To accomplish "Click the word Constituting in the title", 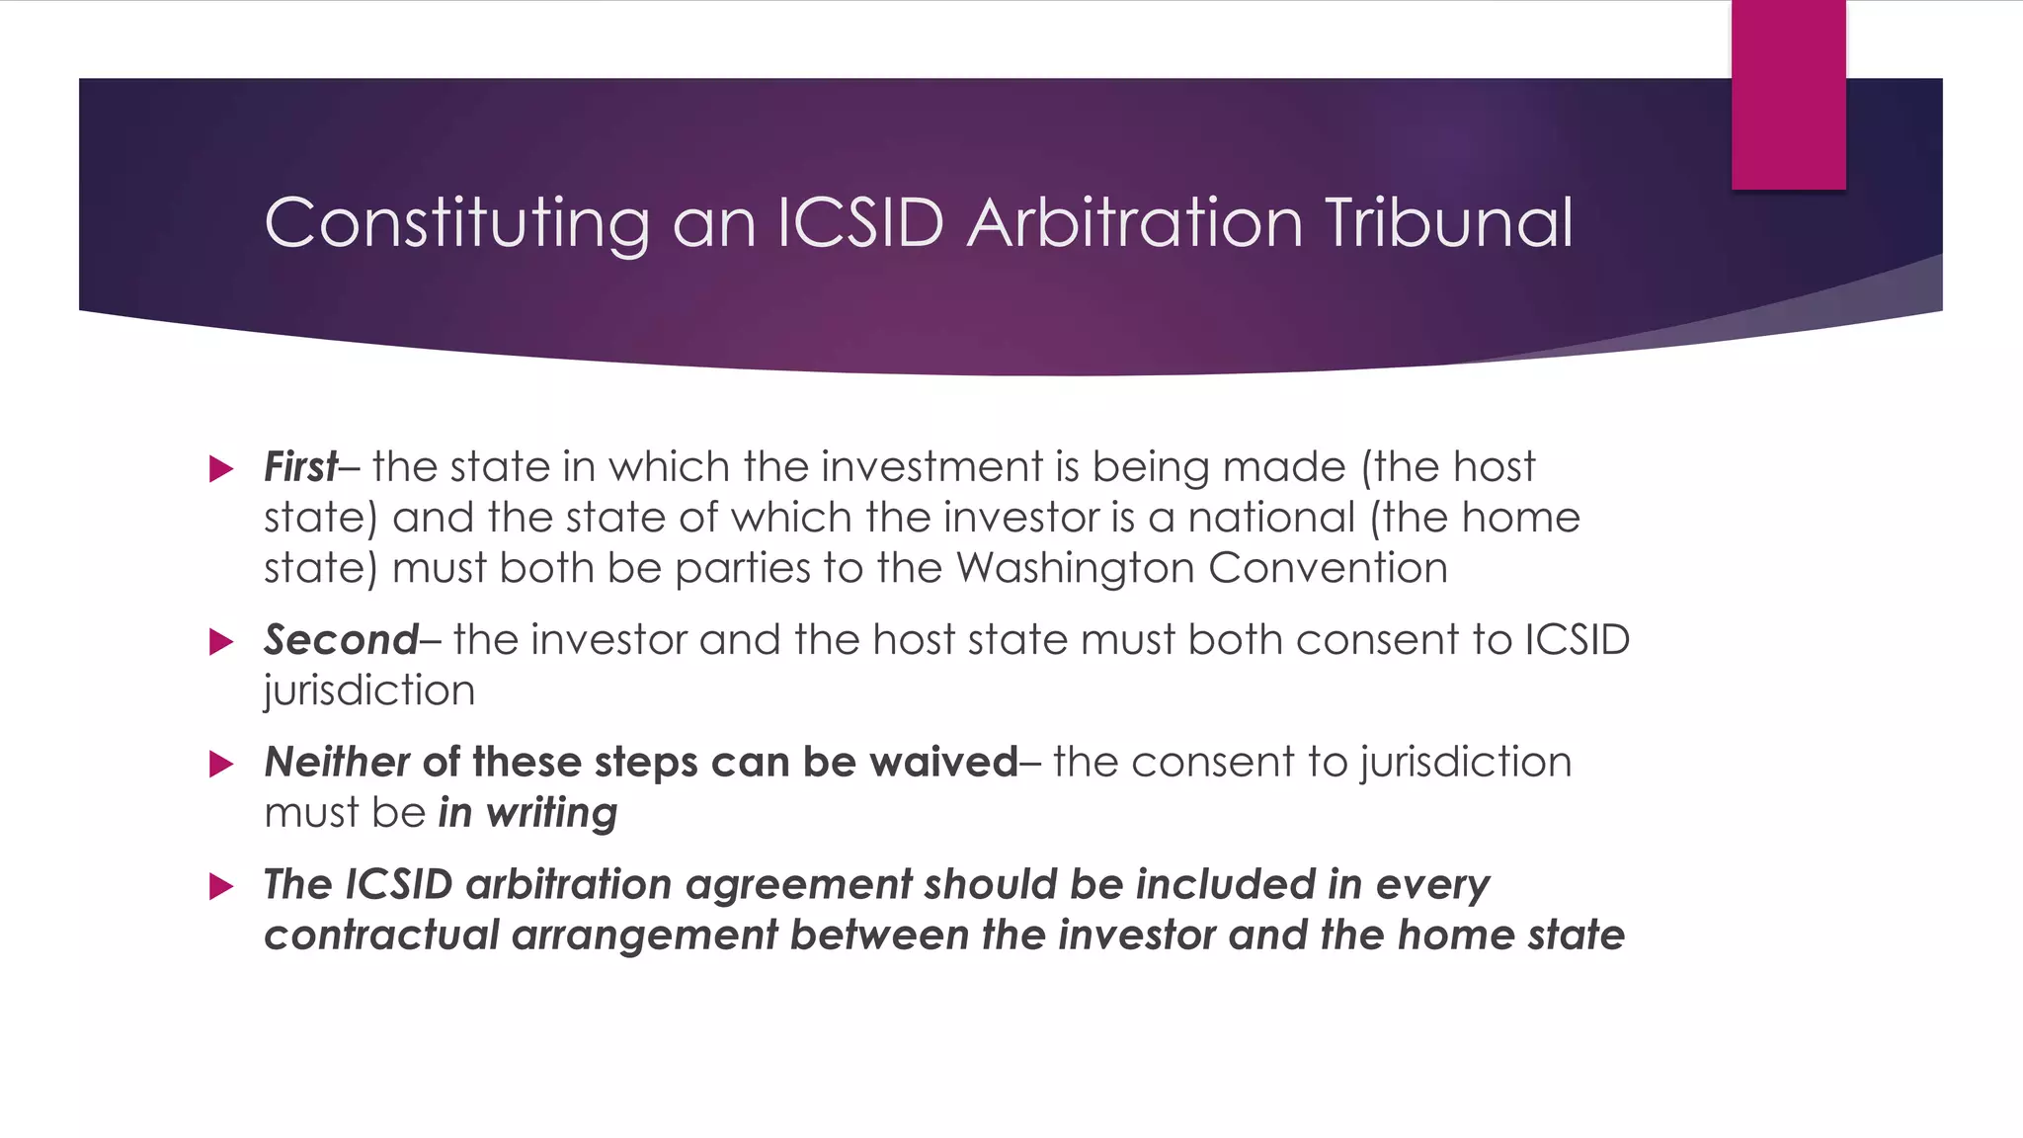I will (456, 223).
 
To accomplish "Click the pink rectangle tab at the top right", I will (1788, 95).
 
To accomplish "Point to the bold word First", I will (300, 467).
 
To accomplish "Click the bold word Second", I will (341, 640).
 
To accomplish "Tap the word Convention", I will (1328, 568).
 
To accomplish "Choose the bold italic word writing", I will (551, 814).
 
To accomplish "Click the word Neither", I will (336, 763).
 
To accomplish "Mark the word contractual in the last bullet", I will (381, 935).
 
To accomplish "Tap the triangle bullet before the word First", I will (221, 469).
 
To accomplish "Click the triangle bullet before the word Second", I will (221, 642).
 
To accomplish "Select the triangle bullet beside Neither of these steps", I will (221, 765).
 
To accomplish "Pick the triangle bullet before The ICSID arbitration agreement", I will (221, 886).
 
